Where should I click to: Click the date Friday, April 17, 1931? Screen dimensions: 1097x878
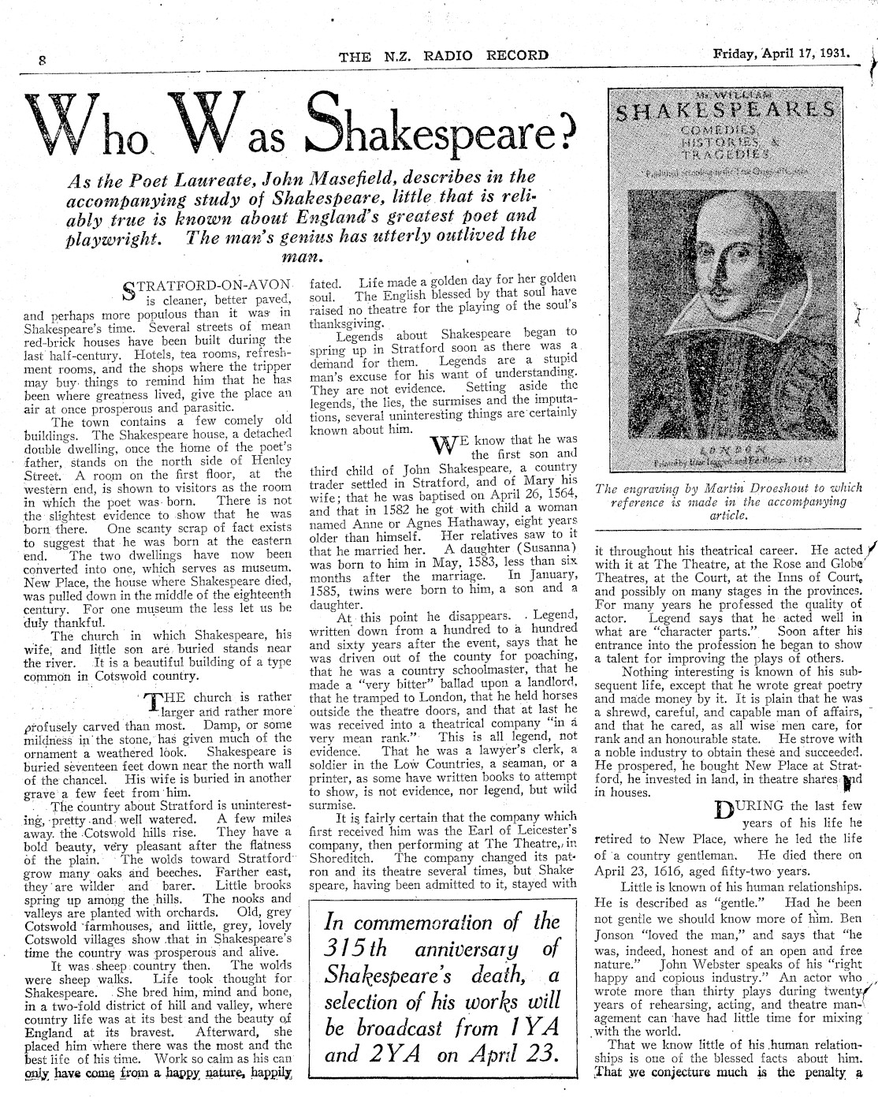click(781, 54)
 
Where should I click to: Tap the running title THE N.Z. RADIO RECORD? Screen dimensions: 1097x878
click(443, 55)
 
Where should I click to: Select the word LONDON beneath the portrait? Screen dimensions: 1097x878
click(722, 445)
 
